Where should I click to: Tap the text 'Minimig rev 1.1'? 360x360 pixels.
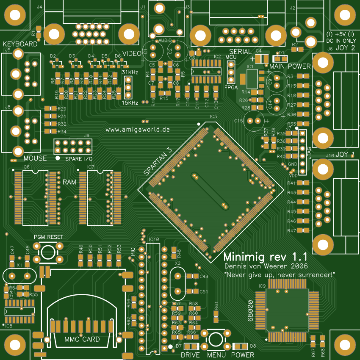pyautogui.click(x=265, y=257)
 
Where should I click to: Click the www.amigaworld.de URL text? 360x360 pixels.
pyautogui.click(x=138, y=129)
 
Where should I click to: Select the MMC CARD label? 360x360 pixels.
pyautogui.click(x=82, y=339)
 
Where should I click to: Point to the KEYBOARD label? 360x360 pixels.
pyautogui.click(x=20, y=44)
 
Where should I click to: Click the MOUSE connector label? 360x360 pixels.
pyautogui.click(x=35, y=158)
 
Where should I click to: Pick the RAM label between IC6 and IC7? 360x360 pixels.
pyautogui.click(x=69, y=182)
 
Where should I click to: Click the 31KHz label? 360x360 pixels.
pyautogui.click(x=130, y=72)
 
